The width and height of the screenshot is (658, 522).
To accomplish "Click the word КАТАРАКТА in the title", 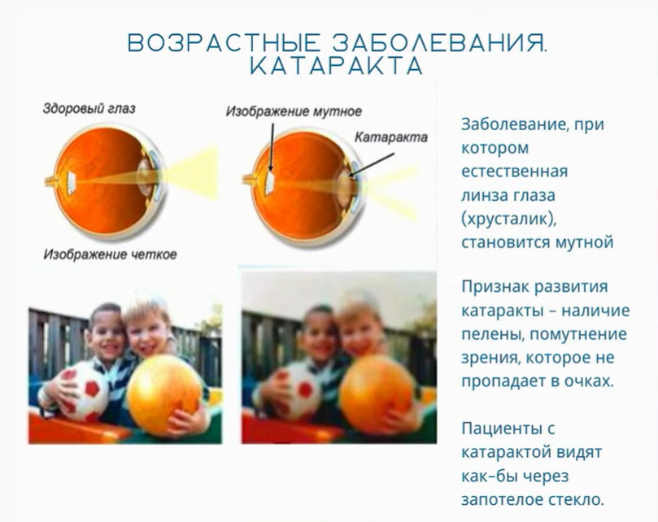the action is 336,66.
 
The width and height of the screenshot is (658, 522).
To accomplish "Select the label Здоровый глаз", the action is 89,108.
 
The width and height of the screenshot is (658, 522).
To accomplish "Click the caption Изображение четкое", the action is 111,254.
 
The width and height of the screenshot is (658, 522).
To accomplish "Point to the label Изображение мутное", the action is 294,111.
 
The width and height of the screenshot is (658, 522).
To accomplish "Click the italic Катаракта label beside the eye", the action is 391,137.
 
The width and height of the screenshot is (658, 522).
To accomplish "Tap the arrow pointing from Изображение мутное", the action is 272,147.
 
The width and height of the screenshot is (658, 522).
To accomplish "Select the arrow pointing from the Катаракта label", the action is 372,164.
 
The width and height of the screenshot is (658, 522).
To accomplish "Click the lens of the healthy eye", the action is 145,177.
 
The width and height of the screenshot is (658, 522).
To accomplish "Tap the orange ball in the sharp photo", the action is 164,395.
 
